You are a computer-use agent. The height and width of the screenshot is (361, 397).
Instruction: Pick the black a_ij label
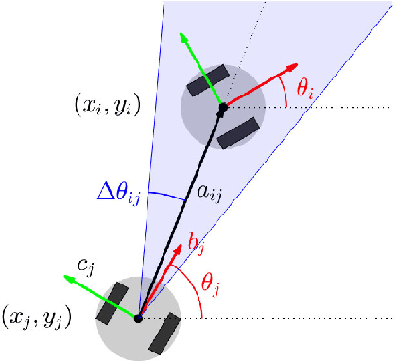pyautogui.click(x=209, y=192)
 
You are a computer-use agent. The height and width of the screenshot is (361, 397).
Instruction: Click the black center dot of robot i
pyautogui.click(x=222, y=109)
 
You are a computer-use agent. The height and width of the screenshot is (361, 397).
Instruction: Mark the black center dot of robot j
pyautogui.click(x=138, y=318)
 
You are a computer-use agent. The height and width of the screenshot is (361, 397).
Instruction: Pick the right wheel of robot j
pyautogui.click(x=164, y=332)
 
